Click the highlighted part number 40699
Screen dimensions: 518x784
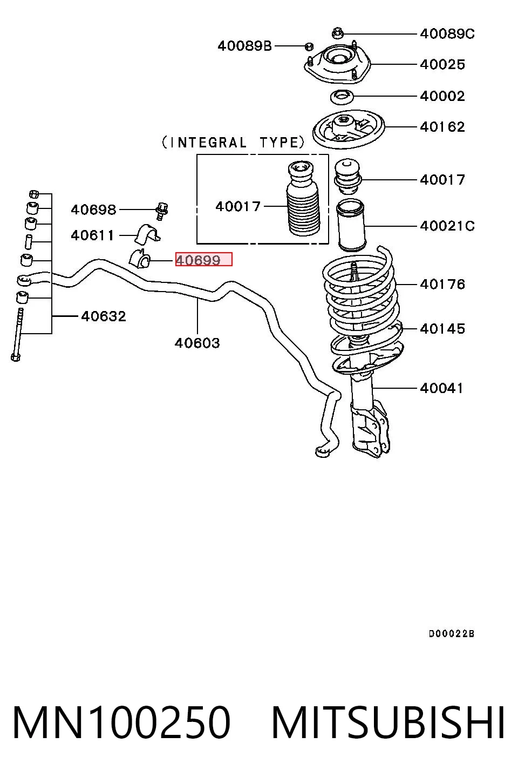[x=198, y=260]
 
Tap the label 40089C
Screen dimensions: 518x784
[x=447, y=34]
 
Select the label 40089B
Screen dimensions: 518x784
[x=244, y=46]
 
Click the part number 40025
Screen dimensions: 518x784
[x=442, y=65]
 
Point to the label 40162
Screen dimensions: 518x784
[x=442, y=127]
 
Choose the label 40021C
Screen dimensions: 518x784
[x=447, y=226]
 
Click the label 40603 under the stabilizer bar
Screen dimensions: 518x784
[x=197, y=343]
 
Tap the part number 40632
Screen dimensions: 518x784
[x=104, y=316]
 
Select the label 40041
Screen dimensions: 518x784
[x=441, y=388]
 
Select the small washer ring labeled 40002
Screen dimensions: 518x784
[x=342, y=97]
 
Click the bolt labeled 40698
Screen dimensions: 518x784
[x=161, y=211]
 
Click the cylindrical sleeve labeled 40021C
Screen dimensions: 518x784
[x=351, y=225]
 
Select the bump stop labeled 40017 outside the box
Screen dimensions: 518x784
[x=347, y=177]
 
